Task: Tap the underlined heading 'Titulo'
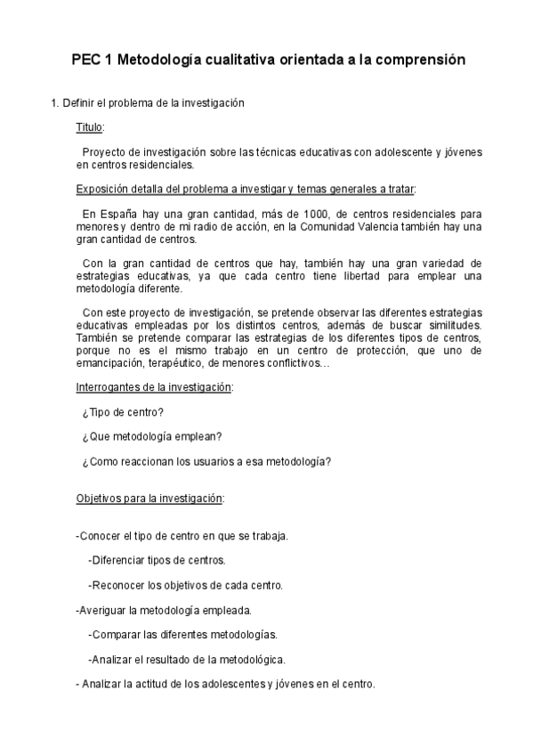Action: (x=90, y=128)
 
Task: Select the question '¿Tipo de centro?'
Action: (x=122, y=412)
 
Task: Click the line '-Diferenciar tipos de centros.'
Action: (x=157, y=560)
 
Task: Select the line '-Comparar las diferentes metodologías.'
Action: (x=182, y=635)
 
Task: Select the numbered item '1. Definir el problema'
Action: (x=147, y=103)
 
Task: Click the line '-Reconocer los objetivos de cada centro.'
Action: (x=185, y=585)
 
